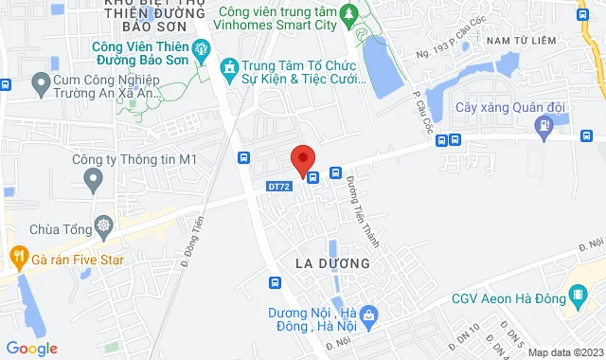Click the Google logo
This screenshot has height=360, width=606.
tap(31, 348)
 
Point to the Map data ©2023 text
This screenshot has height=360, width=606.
tap(563, 352)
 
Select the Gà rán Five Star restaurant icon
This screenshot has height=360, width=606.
tap(17, 255)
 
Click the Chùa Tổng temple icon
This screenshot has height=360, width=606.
tap(101, 227)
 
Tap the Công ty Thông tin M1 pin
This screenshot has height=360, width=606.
tap(93, 178)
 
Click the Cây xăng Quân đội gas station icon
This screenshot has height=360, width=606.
tap(544, 126)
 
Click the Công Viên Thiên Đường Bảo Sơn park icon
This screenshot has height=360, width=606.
tap(200, 48)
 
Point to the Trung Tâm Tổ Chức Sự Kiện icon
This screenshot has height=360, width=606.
tap(228, 67)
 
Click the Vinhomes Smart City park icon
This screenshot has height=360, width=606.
tap(348, 14)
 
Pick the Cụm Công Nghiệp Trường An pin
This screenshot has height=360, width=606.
tap(41, 86)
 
